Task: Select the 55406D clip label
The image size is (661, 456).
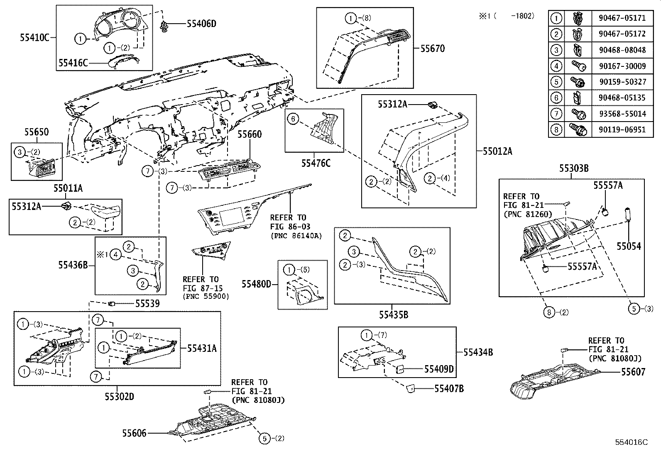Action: coord(201,24)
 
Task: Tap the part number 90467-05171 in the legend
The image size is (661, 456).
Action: coord(622,18)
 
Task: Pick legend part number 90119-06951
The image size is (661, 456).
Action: coord(622,129)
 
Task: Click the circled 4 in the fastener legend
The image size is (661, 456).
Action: coord(556,66)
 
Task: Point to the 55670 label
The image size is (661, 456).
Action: coord(432,49)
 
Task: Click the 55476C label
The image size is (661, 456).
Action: coord(316,163)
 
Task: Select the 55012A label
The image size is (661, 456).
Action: coord(497,151)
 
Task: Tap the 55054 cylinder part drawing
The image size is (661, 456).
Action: coord(628,215)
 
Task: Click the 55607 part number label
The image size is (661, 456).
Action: coord(633,372)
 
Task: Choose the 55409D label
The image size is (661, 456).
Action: coord(439,369)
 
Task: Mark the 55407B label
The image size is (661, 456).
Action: coord(449,388)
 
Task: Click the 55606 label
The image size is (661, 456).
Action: coord(134,433)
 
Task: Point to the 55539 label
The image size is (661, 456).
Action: coord(147,304)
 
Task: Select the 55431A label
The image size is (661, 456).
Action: coord(202,348)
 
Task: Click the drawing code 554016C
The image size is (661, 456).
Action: coord(631,442)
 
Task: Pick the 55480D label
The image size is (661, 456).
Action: coord(257,284)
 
